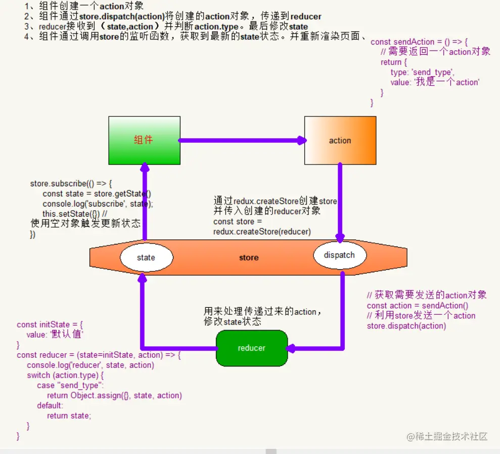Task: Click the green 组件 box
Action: coord(144,140)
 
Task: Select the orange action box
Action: coord(340,140)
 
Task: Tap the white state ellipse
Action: coord(146,257)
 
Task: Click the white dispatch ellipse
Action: coord(339,255)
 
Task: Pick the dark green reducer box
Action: coord(251,348)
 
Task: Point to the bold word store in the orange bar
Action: coord(249,258)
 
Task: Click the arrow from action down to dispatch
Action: coord(340,202)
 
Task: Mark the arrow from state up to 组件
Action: coord(145,202)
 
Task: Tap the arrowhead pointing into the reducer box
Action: coord(292,348)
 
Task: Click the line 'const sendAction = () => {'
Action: coord(419,42)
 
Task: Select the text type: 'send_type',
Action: coord(422,72)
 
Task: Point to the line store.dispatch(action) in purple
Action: coord(406,325)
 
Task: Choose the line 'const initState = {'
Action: coord(50,324)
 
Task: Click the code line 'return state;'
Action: coord(69,416)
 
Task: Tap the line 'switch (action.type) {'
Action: coord(65,375)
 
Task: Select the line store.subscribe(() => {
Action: coord(71,183)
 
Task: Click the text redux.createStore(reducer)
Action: coord(262,231)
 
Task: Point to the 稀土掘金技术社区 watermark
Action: coord(447,436)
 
